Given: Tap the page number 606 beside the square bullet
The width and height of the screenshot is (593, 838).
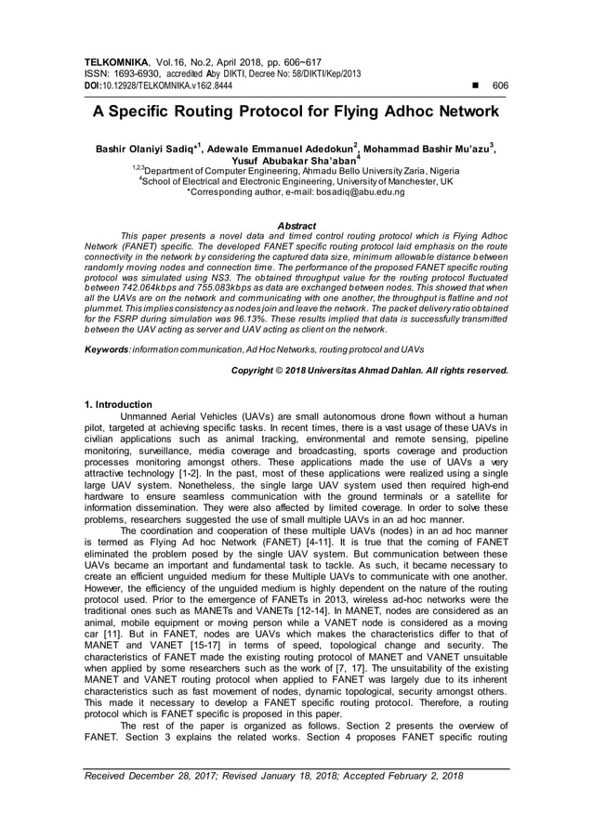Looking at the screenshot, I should [500, 84].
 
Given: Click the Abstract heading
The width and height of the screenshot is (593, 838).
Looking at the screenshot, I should [296, 226].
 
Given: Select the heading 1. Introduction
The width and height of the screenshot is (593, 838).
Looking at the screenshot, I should [118, 405].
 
